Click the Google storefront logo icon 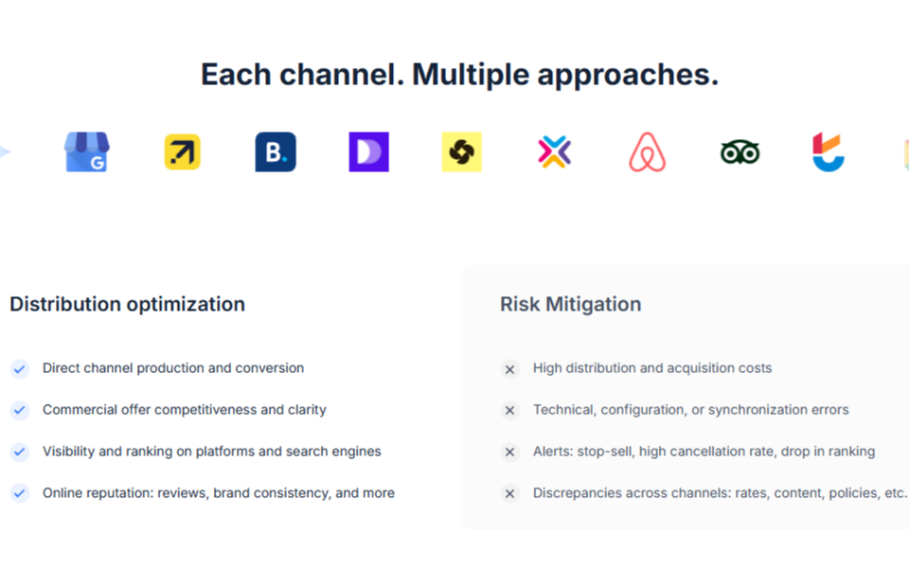(x=86, y=151)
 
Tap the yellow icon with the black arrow (x=183, y=151)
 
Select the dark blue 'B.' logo (x=276, y=151)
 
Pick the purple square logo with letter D (x=368, y=151)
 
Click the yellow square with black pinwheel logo (x=461, y=151)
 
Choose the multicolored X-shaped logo (x=555, y=151)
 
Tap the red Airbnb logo (x=648, y=151)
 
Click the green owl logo (x=740, y=152)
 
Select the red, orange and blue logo (x=829, y=151)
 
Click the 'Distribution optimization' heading (x=128, y=304)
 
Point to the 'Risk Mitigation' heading (x=571, y=304)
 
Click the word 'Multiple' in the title (x=471, y=75)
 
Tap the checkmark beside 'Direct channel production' (x=20, y=368)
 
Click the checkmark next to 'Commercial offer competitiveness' (x=20, y=410)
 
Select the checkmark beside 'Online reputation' (x=20, y=493)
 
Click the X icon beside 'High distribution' (x=510, y=368)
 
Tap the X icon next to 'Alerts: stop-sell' (x=510, y=452)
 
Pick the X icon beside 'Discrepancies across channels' (x=510, y=493)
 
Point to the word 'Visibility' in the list (x=68, y=452)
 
